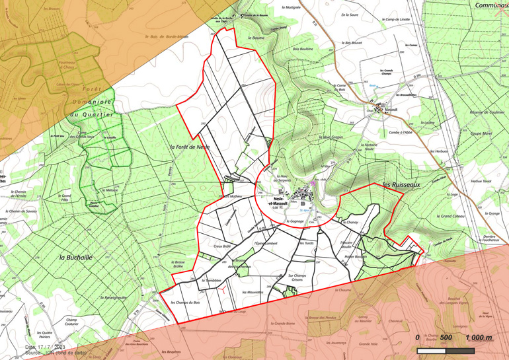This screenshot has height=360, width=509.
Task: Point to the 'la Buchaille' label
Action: click(74, 257)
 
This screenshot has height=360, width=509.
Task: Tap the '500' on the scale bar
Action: click(445, 338)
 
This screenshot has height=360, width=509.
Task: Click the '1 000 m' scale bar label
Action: click(479, 338)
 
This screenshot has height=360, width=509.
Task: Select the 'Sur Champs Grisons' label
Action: click(301, 278)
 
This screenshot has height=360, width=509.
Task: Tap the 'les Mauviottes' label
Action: click(253, 292)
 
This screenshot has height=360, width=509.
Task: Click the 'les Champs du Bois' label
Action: click(185, 303)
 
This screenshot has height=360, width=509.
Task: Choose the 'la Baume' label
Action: click(255, 38)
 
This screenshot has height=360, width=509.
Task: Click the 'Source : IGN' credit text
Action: click(50, 353)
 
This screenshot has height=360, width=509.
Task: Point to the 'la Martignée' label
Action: click(291, 7)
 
